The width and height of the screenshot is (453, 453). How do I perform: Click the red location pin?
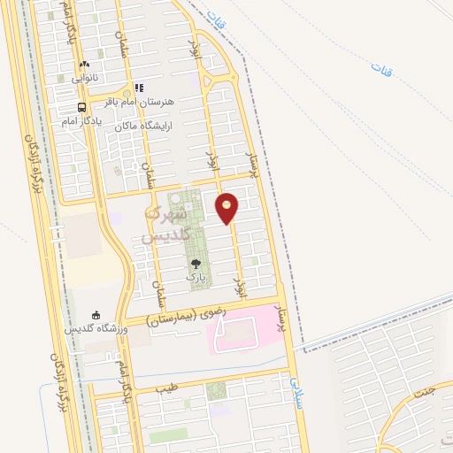pyautogui.click(x=227, y=209)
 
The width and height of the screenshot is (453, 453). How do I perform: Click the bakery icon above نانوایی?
pyautogui.click(x=84, y=64)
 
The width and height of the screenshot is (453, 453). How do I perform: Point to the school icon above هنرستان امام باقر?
pyautogui.click(x=138, y=88)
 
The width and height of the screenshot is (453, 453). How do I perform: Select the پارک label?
pyautogui.click(x=195, y=277)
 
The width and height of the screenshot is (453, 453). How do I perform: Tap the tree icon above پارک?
pyautogui.click(x=196, y=263)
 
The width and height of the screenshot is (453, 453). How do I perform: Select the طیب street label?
pyautogui.click(x=165, y=388)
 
